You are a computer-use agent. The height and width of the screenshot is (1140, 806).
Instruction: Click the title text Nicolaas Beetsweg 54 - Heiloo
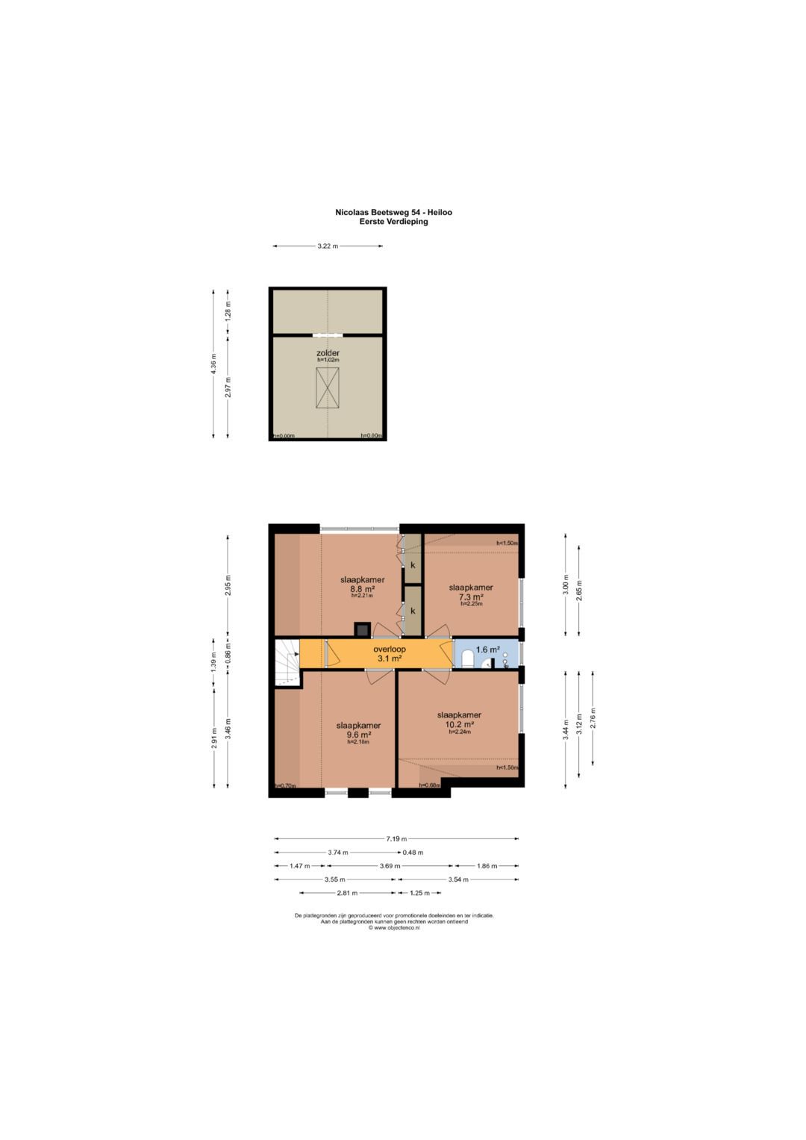[393, 212]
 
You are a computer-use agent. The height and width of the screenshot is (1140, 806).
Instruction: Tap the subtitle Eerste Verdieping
[393, 221]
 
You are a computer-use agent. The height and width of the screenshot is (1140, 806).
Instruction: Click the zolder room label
[328, 352]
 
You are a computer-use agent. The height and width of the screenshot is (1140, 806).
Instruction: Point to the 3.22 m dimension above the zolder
[328, 246]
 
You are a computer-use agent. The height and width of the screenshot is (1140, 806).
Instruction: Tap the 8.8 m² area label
[362, 588]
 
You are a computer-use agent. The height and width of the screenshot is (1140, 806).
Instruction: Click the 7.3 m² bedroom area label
[471, 597]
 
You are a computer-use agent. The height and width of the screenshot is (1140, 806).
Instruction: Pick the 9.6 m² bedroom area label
[358, 735]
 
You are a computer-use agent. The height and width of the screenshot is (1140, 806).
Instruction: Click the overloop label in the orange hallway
[390, 650]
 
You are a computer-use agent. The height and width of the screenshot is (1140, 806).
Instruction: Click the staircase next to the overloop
[286, 661]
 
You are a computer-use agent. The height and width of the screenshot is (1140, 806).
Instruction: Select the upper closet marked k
[412, 565]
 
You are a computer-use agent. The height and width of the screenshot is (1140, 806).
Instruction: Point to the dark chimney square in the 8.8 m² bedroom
[362, 629]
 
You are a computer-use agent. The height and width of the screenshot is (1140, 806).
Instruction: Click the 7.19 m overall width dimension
[396, 839]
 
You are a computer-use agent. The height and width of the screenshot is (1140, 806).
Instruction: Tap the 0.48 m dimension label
[413, 853]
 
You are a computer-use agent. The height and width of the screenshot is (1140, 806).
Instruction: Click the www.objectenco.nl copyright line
[393, 928]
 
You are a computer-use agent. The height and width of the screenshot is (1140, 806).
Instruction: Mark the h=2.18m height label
[358, 742]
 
